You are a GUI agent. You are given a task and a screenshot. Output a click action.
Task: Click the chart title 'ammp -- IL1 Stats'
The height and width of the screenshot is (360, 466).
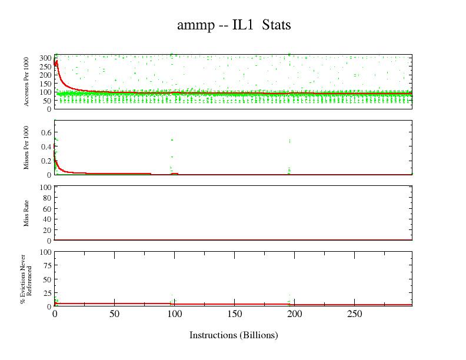(x=234, y=25)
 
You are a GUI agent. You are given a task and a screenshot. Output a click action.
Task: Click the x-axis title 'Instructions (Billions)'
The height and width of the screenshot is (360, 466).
(x=233, y=335)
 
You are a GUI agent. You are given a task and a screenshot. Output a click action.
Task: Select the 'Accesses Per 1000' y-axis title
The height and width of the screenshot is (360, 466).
(x=27, y=81)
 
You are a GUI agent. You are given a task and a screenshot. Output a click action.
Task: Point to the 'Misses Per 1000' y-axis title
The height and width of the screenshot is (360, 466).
(x=27, y=147)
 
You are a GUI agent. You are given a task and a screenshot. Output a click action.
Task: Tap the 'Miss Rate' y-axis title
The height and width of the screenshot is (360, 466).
(x=27, y=213)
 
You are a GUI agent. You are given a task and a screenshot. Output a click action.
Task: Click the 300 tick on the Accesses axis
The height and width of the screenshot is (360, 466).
(x=45, y=58)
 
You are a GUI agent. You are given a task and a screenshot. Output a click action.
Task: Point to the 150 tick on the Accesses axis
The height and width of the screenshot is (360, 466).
(x=45, y=83)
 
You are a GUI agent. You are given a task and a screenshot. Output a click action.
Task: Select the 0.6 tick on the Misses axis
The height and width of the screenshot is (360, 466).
(x=46, y=132)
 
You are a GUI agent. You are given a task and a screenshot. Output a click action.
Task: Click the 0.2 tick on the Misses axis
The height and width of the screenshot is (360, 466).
(x=46, y=161)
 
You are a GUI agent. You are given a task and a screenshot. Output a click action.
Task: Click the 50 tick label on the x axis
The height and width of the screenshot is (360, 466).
(x=114, y=314)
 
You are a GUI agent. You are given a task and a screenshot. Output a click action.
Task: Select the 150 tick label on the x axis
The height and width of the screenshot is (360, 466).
(x=234, y=314)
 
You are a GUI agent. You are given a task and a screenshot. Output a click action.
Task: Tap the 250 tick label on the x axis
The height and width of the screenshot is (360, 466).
(x=354, y=314)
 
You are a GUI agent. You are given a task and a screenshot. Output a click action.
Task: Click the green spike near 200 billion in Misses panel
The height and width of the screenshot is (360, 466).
(x=289, y=141)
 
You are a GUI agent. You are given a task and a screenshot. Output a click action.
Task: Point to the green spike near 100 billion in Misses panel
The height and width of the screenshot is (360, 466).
(x=172, y=140)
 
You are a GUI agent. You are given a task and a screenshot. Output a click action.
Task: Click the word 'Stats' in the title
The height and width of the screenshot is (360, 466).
(x=276, y=25)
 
